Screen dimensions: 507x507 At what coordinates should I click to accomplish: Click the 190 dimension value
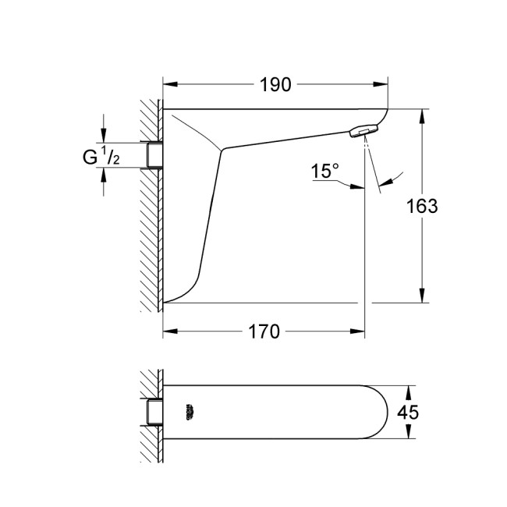[275, 85]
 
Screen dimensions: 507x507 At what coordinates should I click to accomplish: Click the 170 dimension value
[264, 331]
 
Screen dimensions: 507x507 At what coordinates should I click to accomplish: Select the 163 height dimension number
[422, 206]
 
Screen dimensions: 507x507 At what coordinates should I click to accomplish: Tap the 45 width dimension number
[409, 413]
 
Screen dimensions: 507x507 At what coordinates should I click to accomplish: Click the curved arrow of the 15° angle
[394, 178]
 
